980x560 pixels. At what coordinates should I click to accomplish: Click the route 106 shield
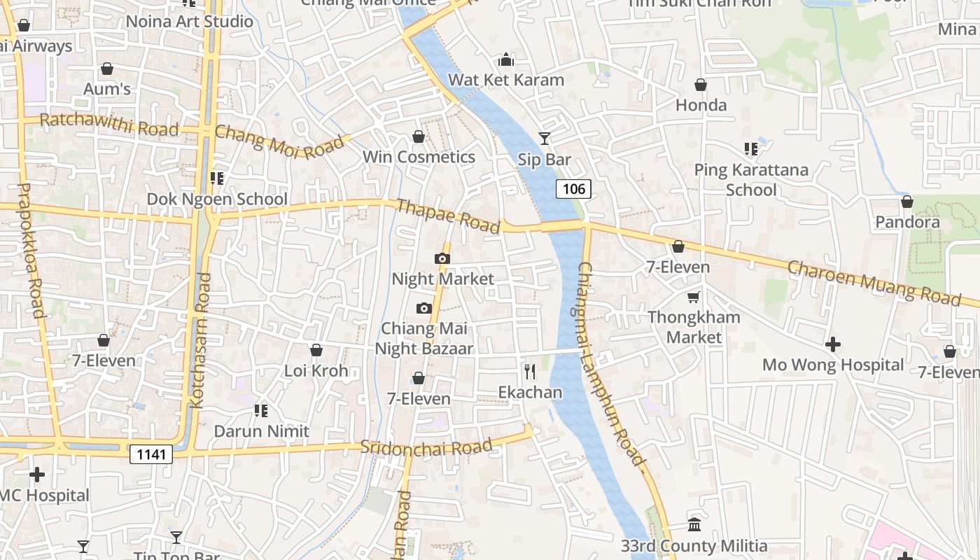coord(574,188)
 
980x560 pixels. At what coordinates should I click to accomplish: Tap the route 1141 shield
coord(151,454)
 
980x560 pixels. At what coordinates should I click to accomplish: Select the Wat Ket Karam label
coord(506,80)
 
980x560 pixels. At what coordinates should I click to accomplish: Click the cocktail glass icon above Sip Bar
coord(544,139)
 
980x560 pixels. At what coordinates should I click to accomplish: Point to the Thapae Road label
coord(449,216)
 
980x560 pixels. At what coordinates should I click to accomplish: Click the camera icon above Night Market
coord(442,259)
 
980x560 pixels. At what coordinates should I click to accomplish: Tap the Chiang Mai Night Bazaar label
coord(424,338)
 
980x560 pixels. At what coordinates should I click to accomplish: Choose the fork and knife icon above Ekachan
coord(530,371)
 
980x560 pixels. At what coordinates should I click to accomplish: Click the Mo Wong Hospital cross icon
coord(833,344)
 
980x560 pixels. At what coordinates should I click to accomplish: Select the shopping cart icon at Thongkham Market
coord(694,297)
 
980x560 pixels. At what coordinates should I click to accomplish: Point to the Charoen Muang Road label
coord(874,283)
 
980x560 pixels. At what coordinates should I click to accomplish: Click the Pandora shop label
coord(907,223)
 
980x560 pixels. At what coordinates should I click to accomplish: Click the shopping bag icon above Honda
coord(701,85)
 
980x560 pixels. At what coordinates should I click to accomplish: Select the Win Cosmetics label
coord(419,157)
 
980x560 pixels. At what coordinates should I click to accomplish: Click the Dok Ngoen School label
coord(217,199)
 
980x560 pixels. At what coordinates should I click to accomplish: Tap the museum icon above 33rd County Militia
coord(694,524)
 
